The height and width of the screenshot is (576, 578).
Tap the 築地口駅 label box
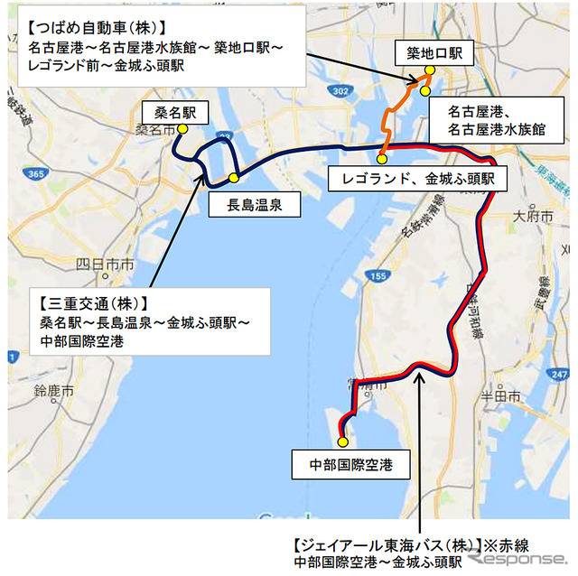point(430,54)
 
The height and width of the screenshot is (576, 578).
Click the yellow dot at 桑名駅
point(182,129)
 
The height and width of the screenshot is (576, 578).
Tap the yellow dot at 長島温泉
point(234,177)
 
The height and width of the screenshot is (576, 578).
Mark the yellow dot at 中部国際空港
point(342,442)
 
